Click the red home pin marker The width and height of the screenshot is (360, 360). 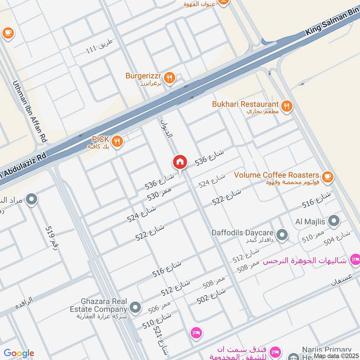(180, 162)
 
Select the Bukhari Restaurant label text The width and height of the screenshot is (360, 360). (246, 104)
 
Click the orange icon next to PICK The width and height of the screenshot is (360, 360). (117, 141)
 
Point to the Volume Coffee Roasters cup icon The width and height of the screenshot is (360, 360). (327, 176)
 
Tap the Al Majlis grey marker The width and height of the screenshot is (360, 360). (334, 220)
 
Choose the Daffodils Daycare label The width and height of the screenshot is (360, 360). (243, 233)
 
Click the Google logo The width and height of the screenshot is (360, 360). (18, 354)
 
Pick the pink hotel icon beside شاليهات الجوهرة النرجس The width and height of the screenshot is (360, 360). (355, 260)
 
